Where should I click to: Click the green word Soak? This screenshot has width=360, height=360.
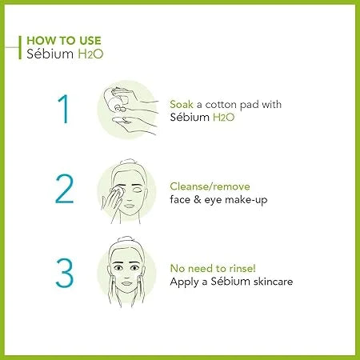pos(183,105)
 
